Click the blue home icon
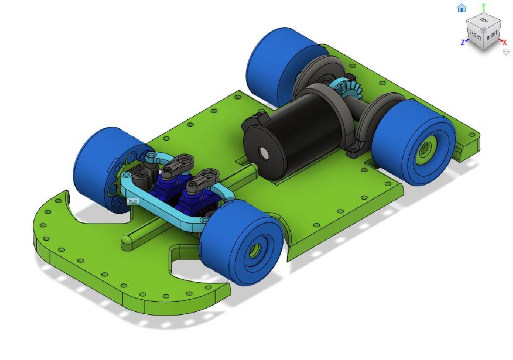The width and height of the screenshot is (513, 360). click(x=462, y=8)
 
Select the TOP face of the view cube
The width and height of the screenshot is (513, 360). click(x=484, y=21)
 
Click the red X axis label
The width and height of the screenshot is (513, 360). click(x=505, y=42)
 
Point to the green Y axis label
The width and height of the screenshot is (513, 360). click(x=484, y=6)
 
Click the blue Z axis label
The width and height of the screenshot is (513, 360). click(x=463, y=42)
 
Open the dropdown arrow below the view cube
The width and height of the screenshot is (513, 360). click(x=506, y=52)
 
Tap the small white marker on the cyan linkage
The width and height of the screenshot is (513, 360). click(x=133, y=200)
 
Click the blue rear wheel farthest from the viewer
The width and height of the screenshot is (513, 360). click(x=274, y=64)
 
